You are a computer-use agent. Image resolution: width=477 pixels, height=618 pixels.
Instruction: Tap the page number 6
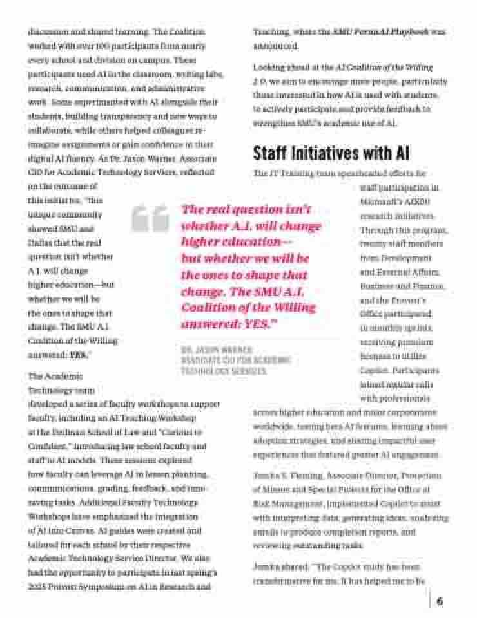pos(440,601)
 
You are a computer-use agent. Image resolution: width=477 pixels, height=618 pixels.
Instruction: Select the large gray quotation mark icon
pos(150,218)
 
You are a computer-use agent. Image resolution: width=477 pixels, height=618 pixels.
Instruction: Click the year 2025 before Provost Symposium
pos(37,586)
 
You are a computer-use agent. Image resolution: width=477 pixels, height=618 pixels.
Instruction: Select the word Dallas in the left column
pos(40,242)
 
